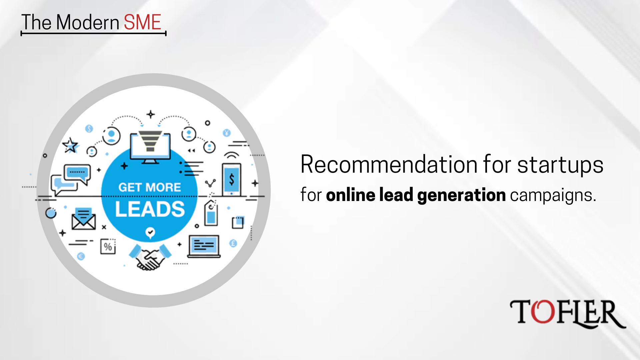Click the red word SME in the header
pos(142,22)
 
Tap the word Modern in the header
pos(88,22)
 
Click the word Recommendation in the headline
pos(390,164)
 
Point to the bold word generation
pos(461,195)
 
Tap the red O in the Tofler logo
pos(543,311)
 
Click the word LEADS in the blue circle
pos(150,209)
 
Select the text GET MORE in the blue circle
pos(150,187)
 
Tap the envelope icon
pos(84,219)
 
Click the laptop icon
pos(204,247)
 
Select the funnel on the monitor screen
pos(150,141)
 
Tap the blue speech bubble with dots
pos(78,174)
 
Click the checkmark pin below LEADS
pos(150,233)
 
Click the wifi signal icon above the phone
pos(231,156)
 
